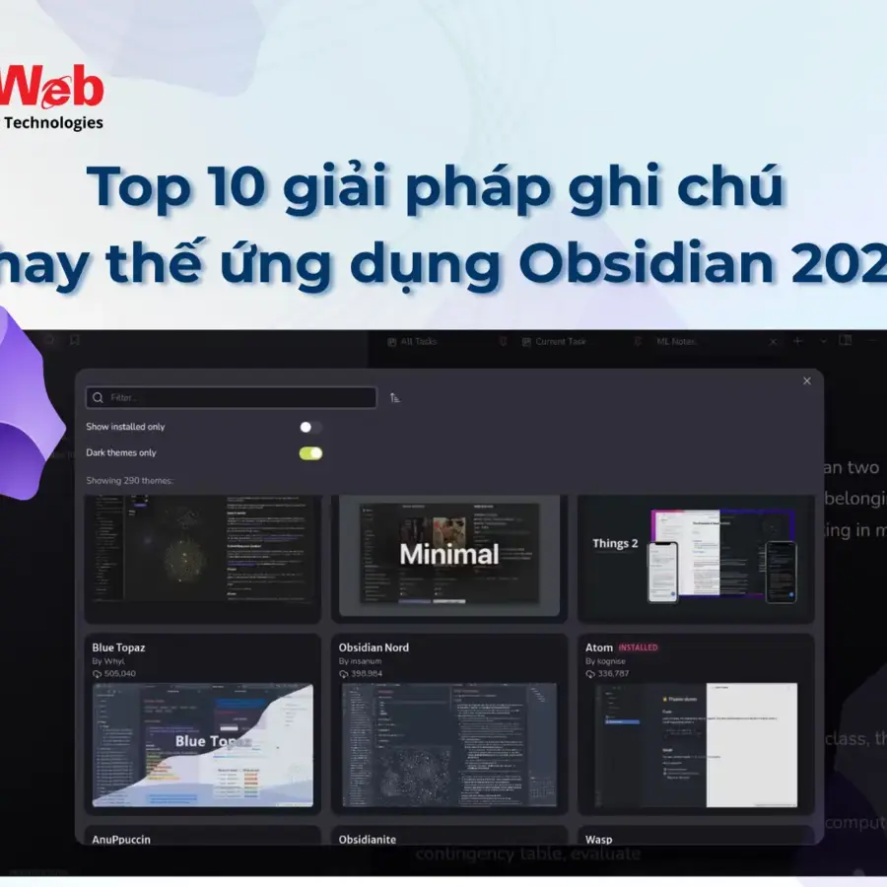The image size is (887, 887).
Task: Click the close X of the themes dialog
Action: click(807, 380)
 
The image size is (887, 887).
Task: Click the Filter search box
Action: click(232, 397)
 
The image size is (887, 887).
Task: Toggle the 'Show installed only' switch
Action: click(310, 427)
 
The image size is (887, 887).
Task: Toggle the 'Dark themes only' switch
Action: click(310, 453)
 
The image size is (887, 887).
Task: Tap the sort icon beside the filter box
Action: click(395, 398)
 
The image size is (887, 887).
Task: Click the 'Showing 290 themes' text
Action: click(129, 480)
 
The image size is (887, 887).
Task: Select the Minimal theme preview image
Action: click(449, 554)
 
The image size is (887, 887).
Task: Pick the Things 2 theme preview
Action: click(696, 554)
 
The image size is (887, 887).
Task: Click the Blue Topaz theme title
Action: click(118, 648)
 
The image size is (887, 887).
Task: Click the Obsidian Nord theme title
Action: click(374, 648)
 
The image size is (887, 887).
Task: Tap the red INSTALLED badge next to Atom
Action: click(638, 648)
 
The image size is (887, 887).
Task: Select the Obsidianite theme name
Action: click(368, 840)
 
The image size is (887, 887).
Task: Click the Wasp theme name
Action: click(598, 840)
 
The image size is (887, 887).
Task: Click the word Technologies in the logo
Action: click(54, 123)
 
